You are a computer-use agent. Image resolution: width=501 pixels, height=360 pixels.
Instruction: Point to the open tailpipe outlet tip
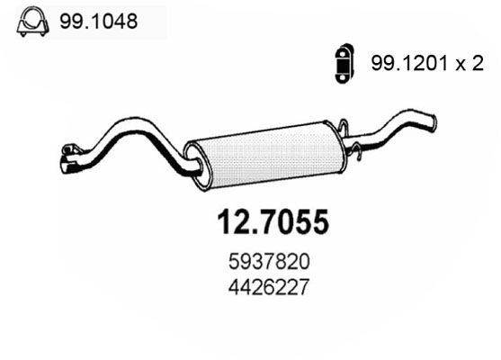(x=434, y=121)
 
